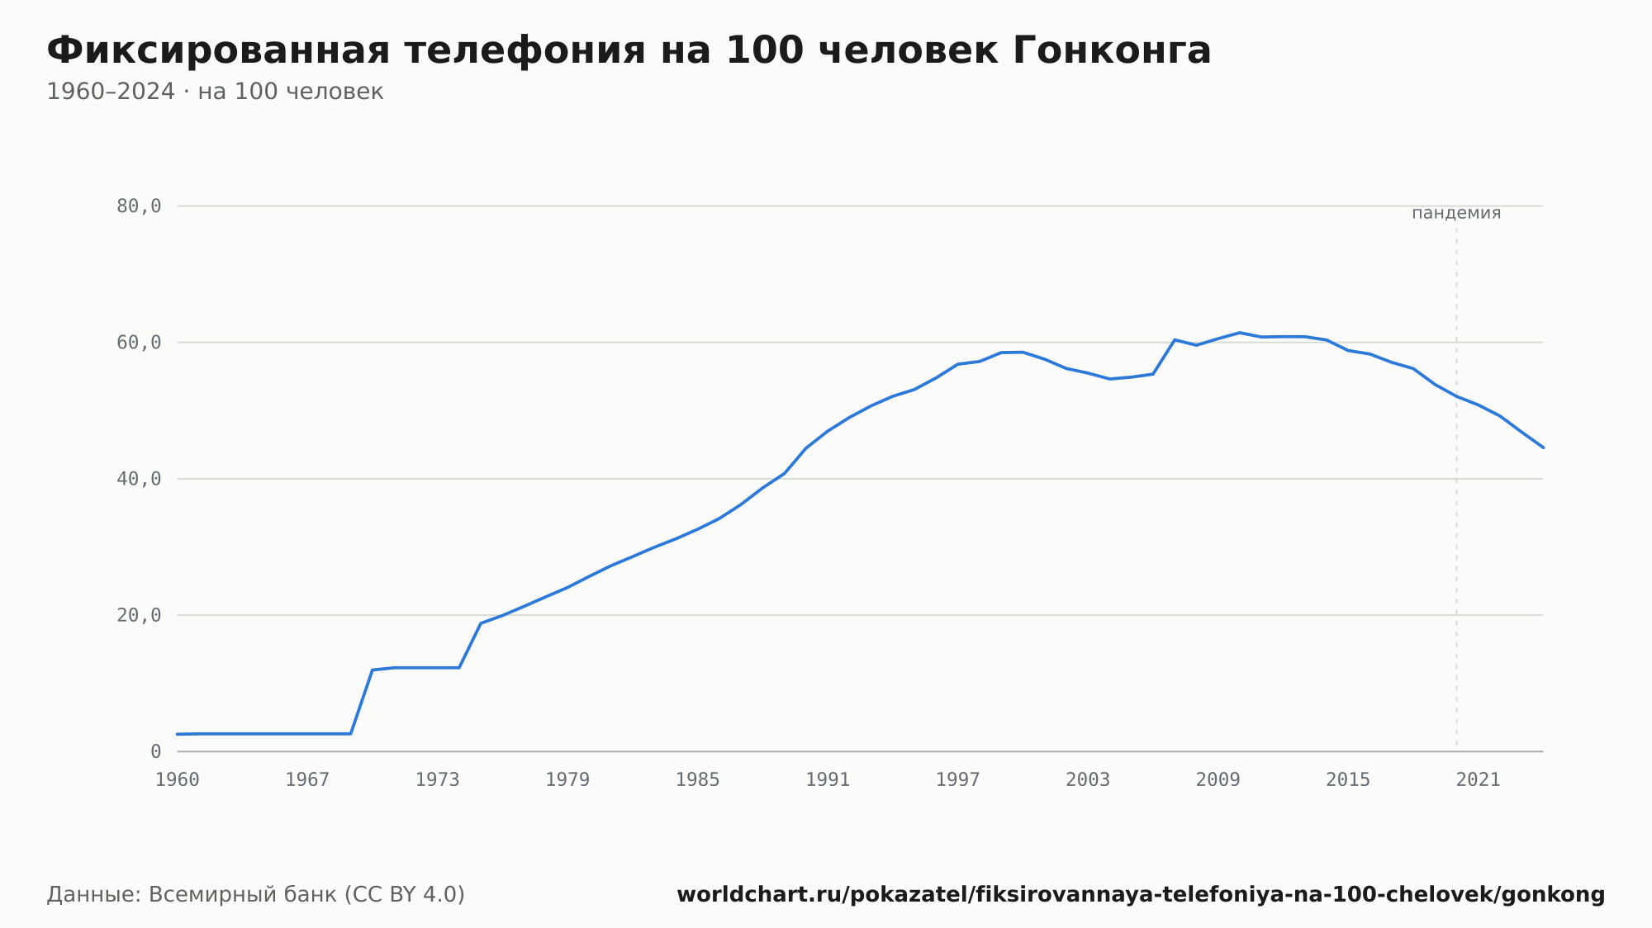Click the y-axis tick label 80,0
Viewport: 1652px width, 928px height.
(139, 206)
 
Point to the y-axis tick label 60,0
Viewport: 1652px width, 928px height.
(139, 343)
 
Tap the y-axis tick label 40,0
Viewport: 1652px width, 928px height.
(139, 479)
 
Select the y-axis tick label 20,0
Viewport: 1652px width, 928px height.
(139, 615)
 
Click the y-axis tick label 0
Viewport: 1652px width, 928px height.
(156, 751)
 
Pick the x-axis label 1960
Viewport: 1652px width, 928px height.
(178, 780)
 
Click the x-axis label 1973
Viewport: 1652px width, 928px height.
(438, 780)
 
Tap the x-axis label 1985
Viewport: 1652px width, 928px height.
(698, 780)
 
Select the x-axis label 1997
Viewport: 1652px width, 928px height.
(958, 780)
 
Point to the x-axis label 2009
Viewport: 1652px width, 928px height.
(1218, 780)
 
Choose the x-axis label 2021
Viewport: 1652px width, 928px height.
(1479, 780)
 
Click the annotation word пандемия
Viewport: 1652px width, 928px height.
(1456, 213)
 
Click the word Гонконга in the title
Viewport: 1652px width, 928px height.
(1111, 50)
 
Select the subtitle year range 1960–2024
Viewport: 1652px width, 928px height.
(111, 92)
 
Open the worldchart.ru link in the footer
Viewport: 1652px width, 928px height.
(1141, 895)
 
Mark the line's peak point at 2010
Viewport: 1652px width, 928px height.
(1240, 333)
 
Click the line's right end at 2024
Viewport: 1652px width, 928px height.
(1543, 447)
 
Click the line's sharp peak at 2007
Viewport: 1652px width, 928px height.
(1175, 339)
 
